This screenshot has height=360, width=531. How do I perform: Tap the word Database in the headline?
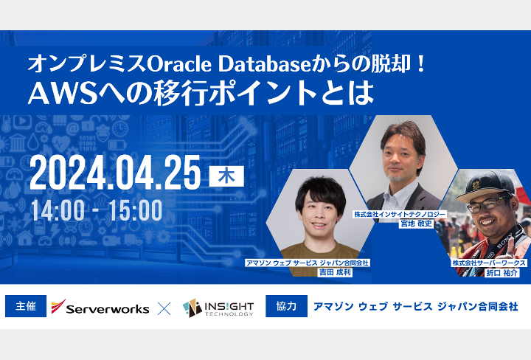click(264, 63)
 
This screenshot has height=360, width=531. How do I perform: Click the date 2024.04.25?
click(115, 173)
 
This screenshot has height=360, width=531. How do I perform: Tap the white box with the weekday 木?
click(226, 176)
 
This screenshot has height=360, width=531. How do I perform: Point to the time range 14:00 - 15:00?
click(97, 210)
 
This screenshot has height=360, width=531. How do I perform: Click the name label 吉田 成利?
click(335, 272)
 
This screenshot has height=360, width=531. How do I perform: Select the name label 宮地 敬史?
click(416, 224)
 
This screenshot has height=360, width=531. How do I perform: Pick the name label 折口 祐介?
click(502, 272)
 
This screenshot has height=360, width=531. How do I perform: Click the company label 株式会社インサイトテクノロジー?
click(400, 214)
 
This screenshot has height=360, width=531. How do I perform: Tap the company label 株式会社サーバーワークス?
click(489, 263)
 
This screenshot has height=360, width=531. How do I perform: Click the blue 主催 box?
click(26, 306)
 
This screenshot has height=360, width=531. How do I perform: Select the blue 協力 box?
click(286, 306)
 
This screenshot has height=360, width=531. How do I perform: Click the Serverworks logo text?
click(108, 309)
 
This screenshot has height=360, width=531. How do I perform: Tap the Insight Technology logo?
click(218, 308)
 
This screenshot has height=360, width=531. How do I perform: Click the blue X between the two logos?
click(164, 308)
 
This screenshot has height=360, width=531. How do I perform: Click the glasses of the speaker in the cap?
click(487, 204)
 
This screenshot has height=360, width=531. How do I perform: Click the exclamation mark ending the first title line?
click(421, 63)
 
